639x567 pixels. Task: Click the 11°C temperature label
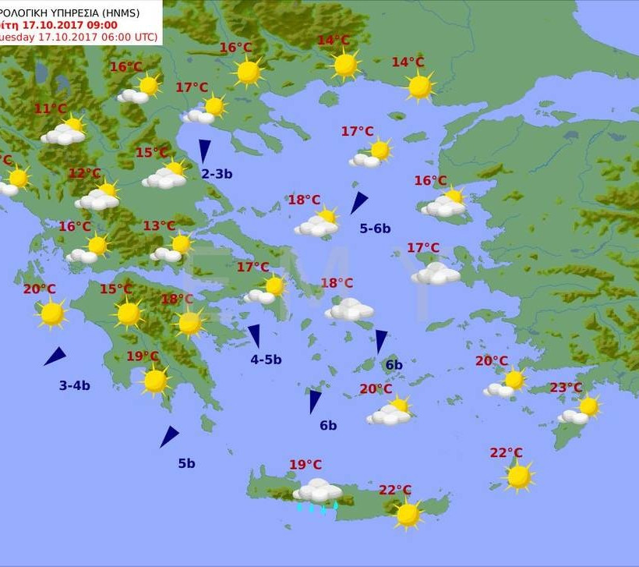click(x=51, y=109)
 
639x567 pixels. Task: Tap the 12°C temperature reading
click(x=85, y=173)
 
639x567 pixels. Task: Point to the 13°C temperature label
click(x=159, y=226)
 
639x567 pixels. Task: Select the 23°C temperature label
click(x=566, y=388)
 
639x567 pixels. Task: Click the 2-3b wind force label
click(x=217, y=174)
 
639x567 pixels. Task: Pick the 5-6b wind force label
click(x=375, y=229)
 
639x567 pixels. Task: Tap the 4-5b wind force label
click(x=266, y=360)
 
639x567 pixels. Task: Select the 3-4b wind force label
click(x=75, y=385)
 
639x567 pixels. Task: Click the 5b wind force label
click(x=186, y=463)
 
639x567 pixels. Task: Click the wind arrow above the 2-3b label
click(x=205, y=151)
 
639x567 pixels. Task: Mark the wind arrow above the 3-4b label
click(x=55, y=357)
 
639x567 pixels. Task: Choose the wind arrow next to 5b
click(x=169, y=437)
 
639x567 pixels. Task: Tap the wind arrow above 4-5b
click(x=254, y=336)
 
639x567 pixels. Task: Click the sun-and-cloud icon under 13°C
click(x=172, y=249)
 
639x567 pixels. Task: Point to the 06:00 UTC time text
click(x=129, y=37)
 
